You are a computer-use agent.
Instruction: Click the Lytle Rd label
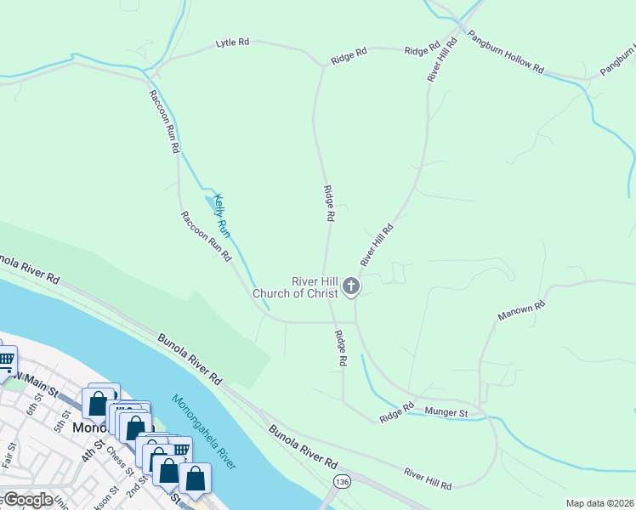(x=232, y=41)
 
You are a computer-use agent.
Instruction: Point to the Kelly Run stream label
(x=222, y=214)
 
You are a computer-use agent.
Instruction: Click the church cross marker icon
(x=351, y=286)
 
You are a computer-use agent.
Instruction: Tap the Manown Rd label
(x=520, y=310)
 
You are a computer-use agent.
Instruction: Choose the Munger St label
(x=452, y=413)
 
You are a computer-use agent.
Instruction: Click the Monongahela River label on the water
(x=204, y=431)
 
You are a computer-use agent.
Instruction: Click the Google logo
(x=27, y=500)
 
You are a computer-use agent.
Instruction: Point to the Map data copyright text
(x=599, y=503)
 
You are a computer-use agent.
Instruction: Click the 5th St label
(x=60, y=421)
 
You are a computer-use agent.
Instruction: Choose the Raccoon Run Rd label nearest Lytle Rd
(x=163, y=122)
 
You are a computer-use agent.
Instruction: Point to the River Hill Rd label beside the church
(x=378, y=244)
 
